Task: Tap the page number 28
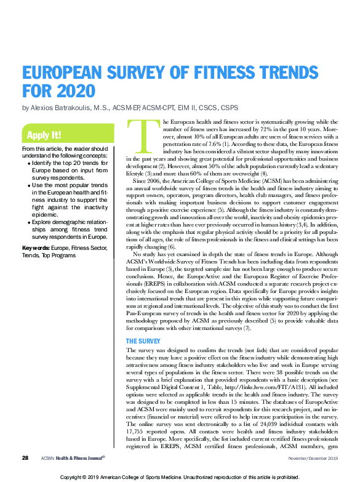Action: pos(25,459)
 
